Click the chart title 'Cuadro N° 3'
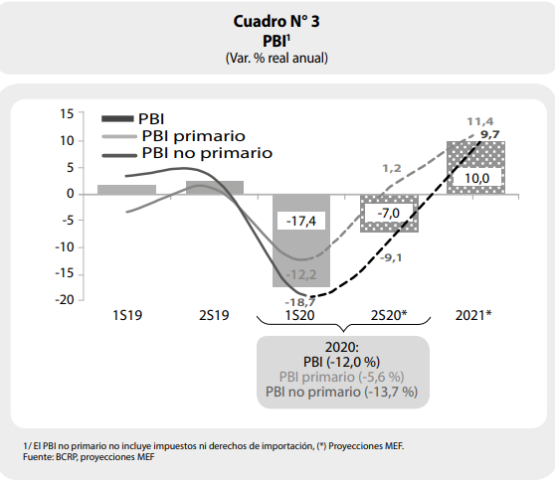(277, 21)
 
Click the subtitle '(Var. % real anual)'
(277, 58)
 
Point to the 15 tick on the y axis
(67, 114)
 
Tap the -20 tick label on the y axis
(65, 300)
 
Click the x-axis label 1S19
(127, 315)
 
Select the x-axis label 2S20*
(389, 315)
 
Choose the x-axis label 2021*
(473, 315)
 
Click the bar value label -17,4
(300, 221)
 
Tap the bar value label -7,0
(388, 214)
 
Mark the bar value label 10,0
(476, 178)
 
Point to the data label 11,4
(480, 121)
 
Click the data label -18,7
(299, 302)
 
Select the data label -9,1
(391, 257)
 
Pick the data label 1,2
(392, 168)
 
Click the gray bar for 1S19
(126, 190)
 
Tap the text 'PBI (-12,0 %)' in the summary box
(341, 362)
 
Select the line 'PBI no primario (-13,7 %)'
(341, 392)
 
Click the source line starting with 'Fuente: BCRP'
(89, 457)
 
